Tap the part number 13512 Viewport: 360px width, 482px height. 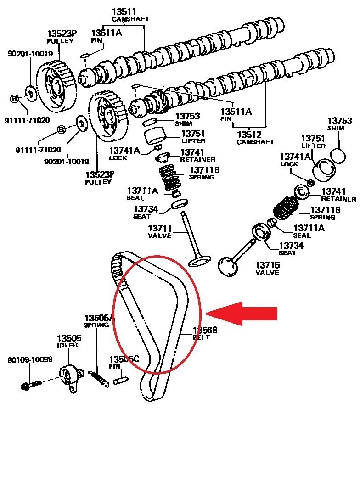point(249,135)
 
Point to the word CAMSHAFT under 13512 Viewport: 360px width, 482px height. point(255,142)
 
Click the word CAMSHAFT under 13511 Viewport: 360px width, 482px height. point(130,19)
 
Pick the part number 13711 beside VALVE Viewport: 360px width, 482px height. point(159,228)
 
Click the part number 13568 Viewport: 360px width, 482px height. point(204,330)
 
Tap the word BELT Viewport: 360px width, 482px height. point(201,337)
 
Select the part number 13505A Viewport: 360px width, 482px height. point(99,318)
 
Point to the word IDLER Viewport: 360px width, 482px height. point(66,345)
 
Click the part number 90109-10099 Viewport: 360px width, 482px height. point(30,360)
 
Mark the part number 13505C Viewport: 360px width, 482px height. point(124,359)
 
